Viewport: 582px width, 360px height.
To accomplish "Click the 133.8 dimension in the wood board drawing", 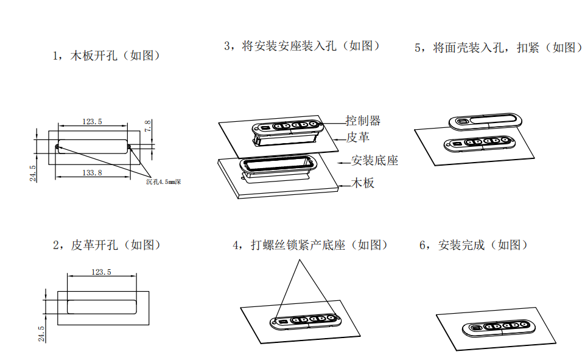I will coord(93,173).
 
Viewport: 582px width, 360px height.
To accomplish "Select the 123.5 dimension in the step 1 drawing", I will coord(93,122).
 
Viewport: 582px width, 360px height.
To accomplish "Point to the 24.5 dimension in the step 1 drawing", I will coord(33,173).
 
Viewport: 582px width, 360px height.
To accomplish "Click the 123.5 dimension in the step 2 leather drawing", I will coord(101,272).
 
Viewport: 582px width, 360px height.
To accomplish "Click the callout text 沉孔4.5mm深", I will coord(164,181).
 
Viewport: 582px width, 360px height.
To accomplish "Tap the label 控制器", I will coord(363,121).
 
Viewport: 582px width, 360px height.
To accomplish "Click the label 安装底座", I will coord(375,161).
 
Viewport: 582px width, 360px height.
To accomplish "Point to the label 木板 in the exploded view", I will coord(363,183).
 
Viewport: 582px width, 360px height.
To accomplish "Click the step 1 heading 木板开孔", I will coord(107,56).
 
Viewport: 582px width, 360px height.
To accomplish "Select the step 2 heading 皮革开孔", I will coord(107,245).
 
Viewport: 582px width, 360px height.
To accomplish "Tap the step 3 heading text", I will coord(302,46).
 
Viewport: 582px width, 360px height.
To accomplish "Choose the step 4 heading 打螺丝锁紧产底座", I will coord(310,245).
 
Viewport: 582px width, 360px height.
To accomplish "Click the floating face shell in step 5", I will coord(485,121).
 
